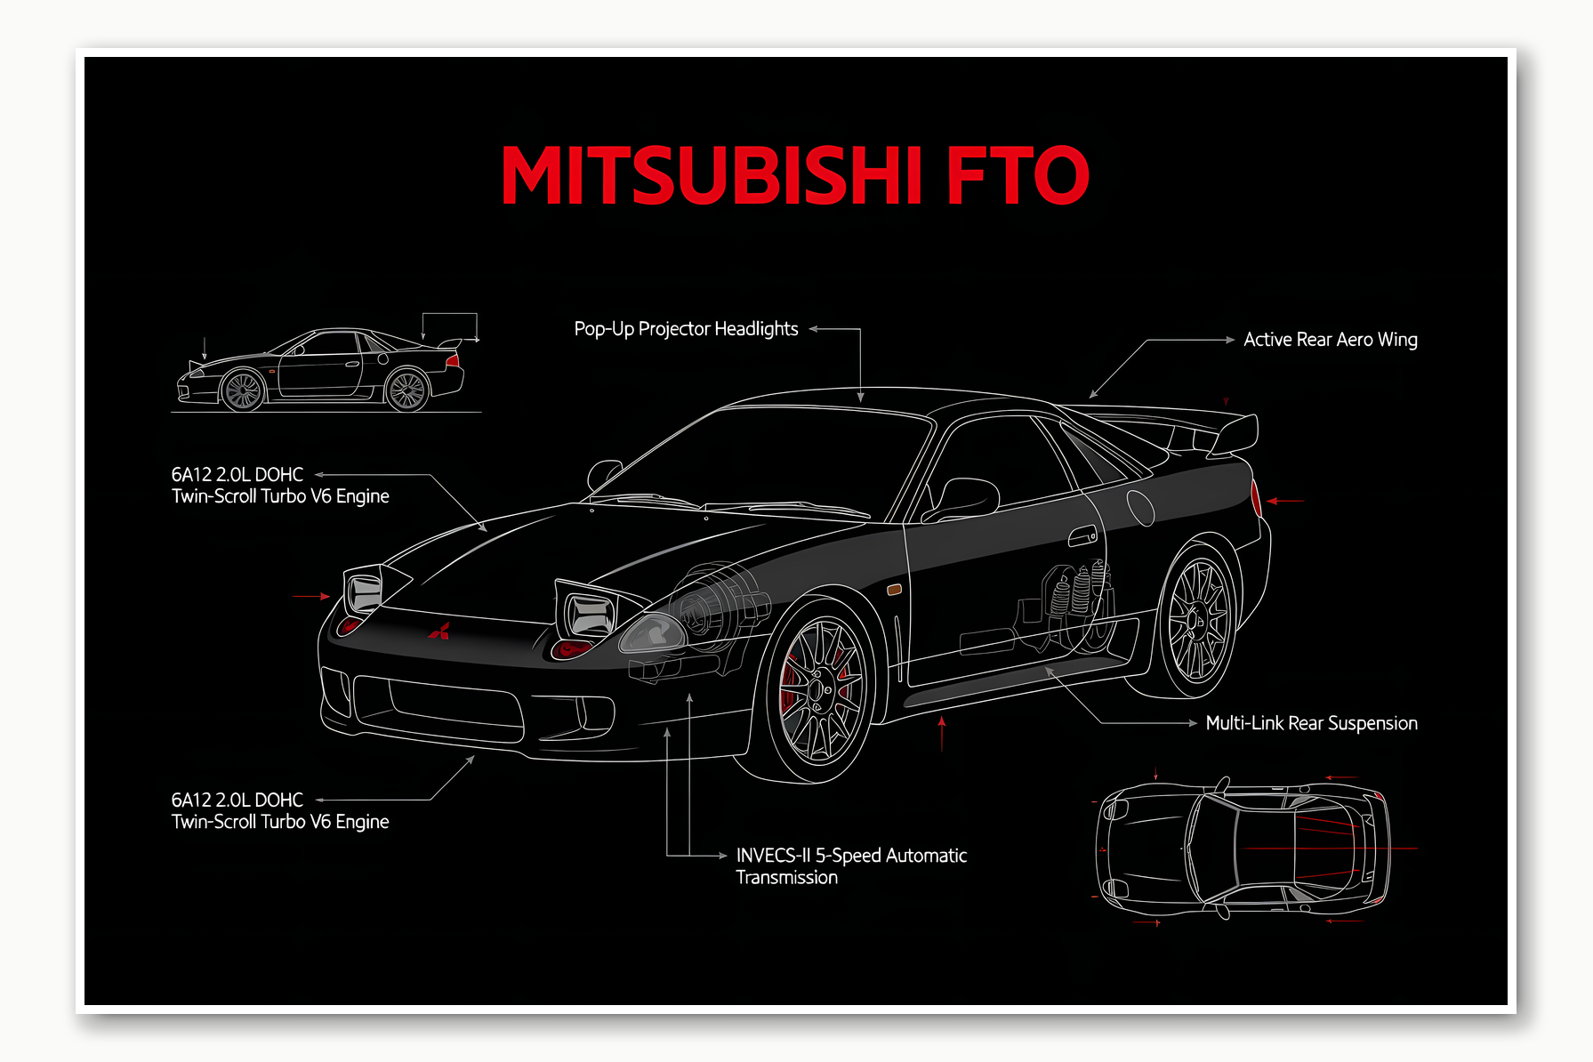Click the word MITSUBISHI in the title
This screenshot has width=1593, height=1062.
[712, 175]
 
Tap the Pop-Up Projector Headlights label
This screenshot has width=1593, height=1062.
[686, 329]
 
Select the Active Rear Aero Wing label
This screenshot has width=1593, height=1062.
[1330, 340]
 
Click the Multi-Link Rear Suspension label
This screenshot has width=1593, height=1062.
[1311, 723]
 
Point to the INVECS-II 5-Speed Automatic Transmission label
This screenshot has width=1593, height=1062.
[850, 866]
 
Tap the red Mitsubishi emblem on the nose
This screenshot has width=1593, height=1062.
[439, 632]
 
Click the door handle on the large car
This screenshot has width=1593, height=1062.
[1082, 536]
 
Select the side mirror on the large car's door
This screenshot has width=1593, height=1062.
[965, 498]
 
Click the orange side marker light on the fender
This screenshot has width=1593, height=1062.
[895, 589]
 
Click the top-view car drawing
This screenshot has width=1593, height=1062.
[1242, 849]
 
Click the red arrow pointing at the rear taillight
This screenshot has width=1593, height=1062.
[1285, 501]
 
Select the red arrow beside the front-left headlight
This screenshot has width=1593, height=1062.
[311, 596]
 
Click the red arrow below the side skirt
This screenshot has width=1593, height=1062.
[942, 733]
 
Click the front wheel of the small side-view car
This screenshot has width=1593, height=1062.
[243, 390]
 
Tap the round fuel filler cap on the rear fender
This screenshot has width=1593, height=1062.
[1140, 507]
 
